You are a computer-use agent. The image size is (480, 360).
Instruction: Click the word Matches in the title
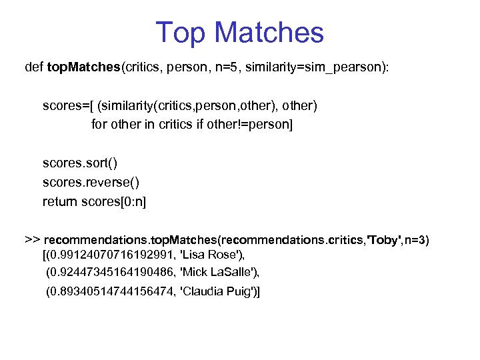click(270, 33)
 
